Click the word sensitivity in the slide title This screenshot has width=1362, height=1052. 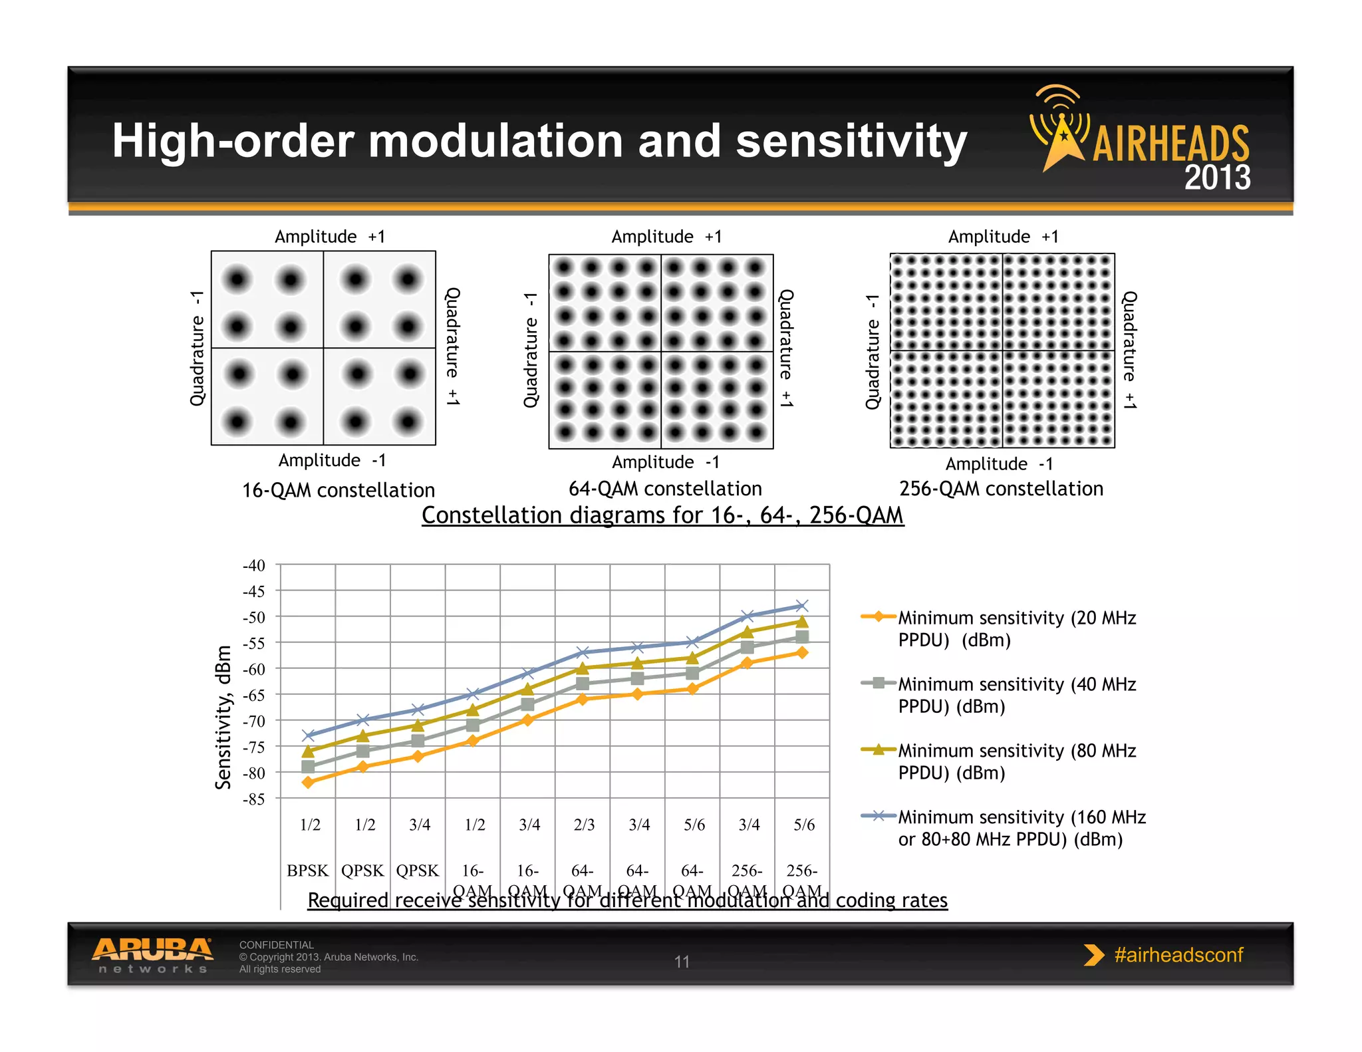(851, 141)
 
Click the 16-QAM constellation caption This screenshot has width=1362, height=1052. (338, 491)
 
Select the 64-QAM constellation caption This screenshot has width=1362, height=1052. (665, 489)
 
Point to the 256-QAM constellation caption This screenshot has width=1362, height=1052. (1001, 489)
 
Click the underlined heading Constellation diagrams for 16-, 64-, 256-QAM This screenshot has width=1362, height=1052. (662, 515)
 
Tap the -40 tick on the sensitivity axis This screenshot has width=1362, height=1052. (253, 566)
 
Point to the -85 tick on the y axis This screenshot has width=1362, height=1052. (253, 799)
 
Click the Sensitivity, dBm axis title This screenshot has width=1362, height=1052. (223, 717)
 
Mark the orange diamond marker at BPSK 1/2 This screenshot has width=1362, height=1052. (308, 783)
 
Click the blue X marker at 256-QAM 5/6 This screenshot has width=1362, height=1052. (802, 606)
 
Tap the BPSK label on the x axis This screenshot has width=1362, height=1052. (307, 871)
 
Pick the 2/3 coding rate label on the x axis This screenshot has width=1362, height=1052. (584, 825)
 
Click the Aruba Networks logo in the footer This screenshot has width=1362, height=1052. (152, 956)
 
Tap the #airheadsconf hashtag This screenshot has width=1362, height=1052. (1178, 955)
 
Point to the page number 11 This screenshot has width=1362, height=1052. (682, 962)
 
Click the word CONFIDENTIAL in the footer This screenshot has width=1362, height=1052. (276, 945)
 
